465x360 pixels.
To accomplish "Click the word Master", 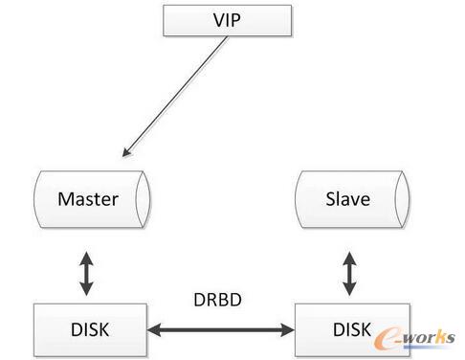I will click(88, 200).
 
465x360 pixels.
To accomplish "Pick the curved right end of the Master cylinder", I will click(143, 200).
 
